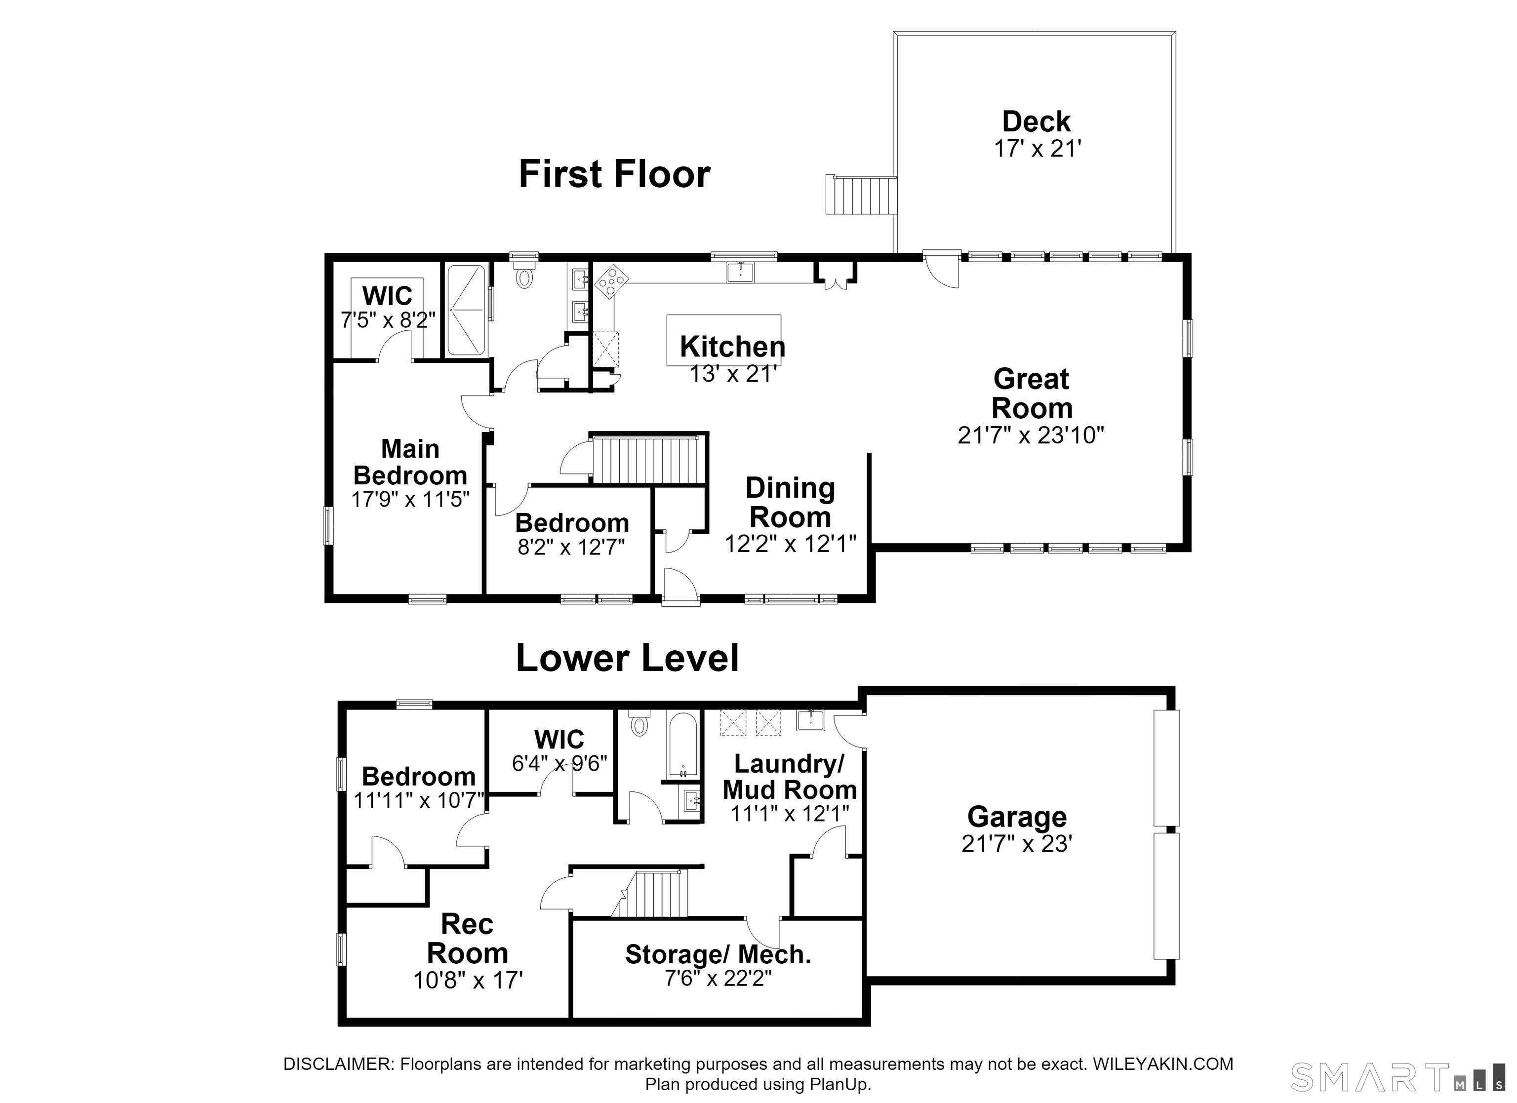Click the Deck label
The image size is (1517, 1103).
click(1036, 122)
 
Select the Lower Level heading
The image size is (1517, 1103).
click(628, 658)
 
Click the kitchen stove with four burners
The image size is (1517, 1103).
click(611, 281)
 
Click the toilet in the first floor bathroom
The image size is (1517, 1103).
click(525, 275)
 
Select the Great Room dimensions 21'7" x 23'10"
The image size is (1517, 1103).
click(1031, 435)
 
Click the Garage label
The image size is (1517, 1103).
click(1017, 817)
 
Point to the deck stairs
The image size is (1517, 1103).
click(861, 195)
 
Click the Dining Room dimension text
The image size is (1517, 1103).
click(791, 544)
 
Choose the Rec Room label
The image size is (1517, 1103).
click(468, 939)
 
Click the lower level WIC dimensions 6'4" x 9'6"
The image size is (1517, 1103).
click(559, 763)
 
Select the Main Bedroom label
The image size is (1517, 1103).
click(410, 462)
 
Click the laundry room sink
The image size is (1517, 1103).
click(810, 720)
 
